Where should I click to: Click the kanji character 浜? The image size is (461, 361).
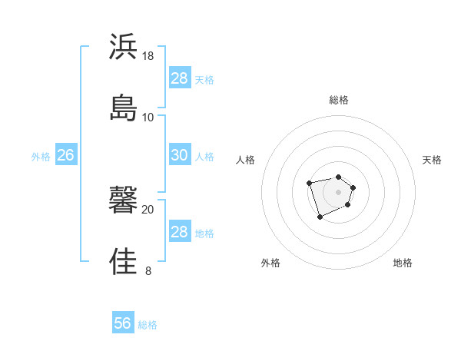pyautogui.click(x=124, y=47)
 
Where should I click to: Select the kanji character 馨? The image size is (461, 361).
pyautogui.click(x=124, y=200)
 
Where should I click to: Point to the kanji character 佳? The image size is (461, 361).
pyautogui.click(x=124, y=260)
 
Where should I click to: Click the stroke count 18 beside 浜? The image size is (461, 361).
pyautogui.click(x=148, y=56)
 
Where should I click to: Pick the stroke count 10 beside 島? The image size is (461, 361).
pyautogui.click(x=148, y=117)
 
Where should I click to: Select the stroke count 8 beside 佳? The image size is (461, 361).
pyautogui.click(x=148, y=270)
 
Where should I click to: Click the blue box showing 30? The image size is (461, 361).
pyautogui.click(x=179, y=154)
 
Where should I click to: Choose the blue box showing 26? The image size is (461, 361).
pyautogui.click(x=65, y=155)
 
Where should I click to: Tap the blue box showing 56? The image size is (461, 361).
pyautogui.click(x=123, y=323)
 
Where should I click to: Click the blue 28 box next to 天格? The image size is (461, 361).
pyautogui.click(x=179, y=78)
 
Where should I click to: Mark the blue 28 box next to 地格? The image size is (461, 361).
pyautogui.click(x=179, y=232)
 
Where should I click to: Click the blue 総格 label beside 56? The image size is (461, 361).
pyautogui.click(x=148, y=325)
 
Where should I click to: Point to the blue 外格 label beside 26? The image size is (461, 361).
pyautogui.click(x=41, y=157)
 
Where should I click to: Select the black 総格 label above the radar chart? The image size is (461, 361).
pyautogui.click(x=339, y=100)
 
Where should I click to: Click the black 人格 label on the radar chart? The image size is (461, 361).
pyautogui.click(x=246, y=160)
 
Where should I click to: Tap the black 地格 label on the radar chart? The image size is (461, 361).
pyautogui.click(x=403, y=263)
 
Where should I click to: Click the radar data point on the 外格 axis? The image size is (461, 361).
pyautogui.click(x=320, y=217)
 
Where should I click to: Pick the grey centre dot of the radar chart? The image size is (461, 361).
pyautogui.click(x=339, y=192)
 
